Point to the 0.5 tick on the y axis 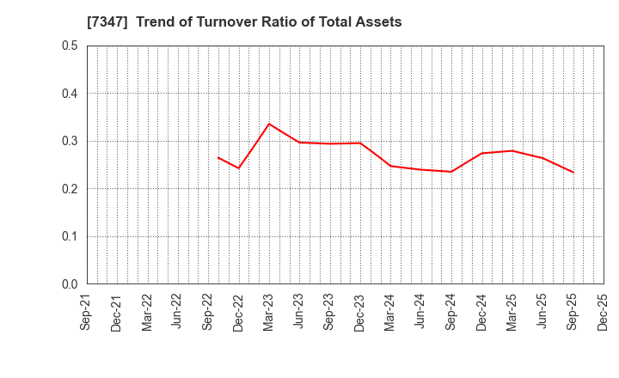pos(70,46)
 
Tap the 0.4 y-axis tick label pos(70,94)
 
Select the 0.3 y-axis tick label pos(70,141)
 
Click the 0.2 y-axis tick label pos(70,189)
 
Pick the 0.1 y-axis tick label pos(70,236)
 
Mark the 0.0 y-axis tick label pos(70,284)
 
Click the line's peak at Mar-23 pos(268,124)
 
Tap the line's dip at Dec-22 pos(238,168)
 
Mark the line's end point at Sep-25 pos(573,172)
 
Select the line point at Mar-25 pos(512,150)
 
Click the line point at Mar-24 pos(390,166)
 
